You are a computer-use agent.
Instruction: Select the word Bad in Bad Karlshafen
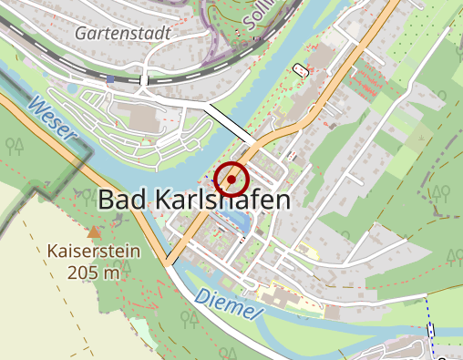[123, 200]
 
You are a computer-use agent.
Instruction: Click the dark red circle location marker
[232, 180]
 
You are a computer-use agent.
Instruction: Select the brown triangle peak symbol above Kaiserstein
[95, 232]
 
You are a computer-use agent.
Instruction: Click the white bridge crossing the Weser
[229, 124]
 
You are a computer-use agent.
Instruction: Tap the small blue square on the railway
[110, 79]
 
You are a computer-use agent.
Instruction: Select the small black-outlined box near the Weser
[301, 69]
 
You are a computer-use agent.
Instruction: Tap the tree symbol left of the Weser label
[15, 144]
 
